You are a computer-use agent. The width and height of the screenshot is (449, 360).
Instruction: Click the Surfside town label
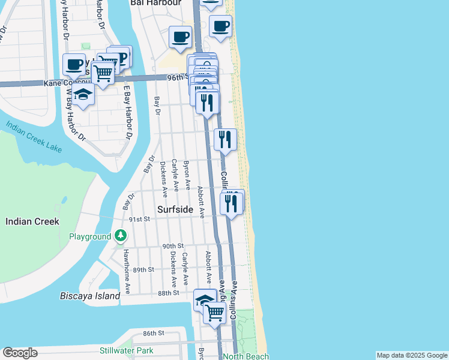click(175, 209)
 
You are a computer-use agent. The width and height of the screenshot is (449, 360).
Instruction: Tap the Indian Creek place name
click(32, 221)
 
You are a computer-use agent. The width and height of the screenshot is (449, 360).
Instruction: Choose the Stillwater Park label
click(127, 350)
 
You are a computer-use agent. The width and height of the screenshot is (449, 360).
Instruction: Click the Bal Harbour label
click(155, 3)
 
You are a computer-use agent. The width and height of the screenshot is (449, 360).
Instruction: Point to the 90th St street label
click(172, 246)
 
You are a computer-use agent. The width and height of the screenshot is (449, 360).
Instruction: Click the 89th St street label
click(143, 269)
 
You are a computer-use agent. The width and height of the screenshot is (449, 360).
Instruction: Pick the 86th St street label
click(154, 333)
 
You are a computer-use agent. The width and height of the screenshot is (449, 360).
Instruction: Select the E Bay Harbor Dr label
click(127, 112)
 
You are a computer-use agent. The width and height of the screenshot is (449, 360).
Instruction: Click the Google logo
click(20, 353)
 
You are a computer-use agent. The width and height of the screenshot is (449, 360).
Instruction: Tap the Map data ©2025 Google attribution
click(411, 355)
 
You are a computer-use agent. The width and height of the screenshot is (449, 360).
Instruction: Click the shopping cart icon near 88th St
click(214, 312)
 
